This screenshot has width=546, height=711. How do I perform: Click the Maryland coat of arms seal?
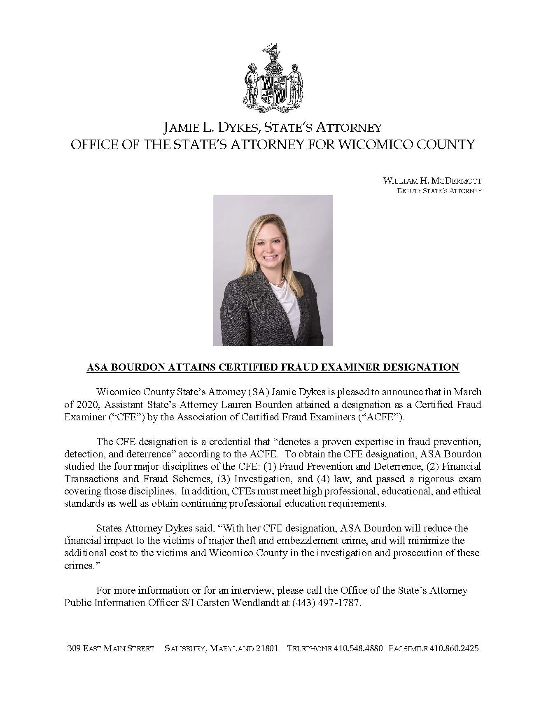pyautogui.click(x=273, y=80)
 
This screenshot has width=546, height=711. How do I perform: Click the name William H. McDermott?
pyautogui.click(x=432, y=181)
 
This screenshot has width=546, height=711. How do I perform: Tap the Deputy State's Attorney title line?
pyautogui.click(x=439, y=191)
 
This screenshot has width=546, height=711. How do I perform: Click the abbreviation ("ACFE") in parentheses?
pyautogui.click(x=384, y=417)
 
